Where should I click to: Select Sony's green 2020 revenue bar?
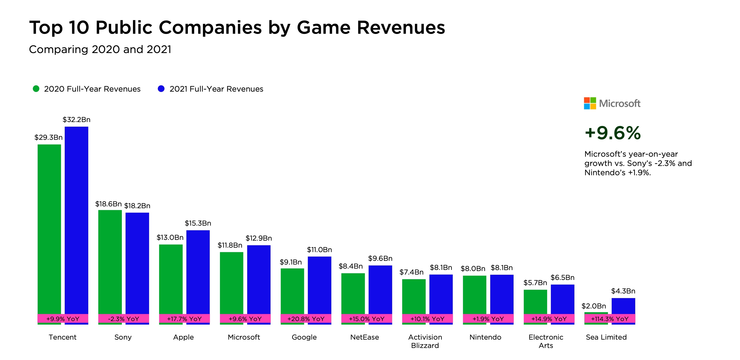(x=110, y=262)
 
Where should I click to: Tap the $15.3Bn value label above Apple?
(x=198, y=223)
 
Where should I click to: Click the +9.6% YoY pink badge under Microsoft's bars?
(x=245, y=319)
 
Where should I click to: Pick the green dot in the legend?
(x=36, y=89)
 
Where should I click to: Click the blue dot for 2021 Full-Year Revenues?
(x=161, y=89)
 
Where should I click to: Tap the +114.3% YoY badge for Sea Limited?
(x=610, y=319)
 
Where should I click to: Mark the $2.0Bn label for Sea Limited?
(x=593, y=306)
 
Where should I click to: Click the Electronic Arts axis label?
(x=546, y=341)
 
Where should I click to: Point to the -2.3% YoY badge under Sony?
(x=124, y=319)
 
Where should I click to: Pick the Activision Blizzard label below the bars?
(x=425, y=341)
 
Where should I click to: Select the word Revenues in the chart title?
(x=401, y=28)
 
